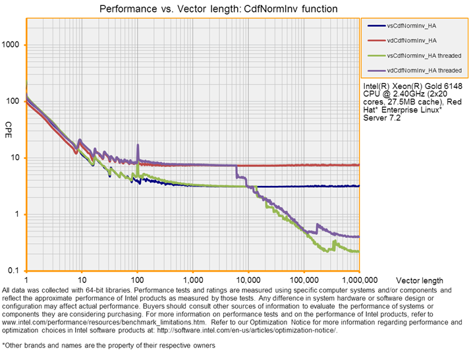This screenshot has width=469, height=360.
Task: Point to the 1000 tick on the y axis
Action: [x=13, y=45]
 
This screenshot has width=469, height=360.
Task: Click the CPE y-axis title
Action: [x=9, y=125]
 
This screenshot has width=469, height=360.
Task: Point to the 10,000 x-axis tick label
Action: [x=248, y=279]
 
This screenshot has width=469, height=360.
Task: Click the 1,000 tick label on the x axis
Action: [x=193, y=279]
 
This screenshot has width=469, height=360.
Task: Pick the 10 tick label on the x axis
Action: [x=82, y=279]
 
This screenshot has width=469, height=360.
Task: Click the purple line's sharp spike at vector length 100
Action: [x=138, y=145]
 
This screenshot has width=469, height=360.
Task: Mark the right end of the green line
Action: [x=358, y=251]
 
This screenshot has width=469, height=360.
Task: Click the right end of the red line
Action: [x=358, y=165]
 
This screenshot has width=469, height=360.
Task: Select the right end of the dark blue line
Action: [x=358, y=186]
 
